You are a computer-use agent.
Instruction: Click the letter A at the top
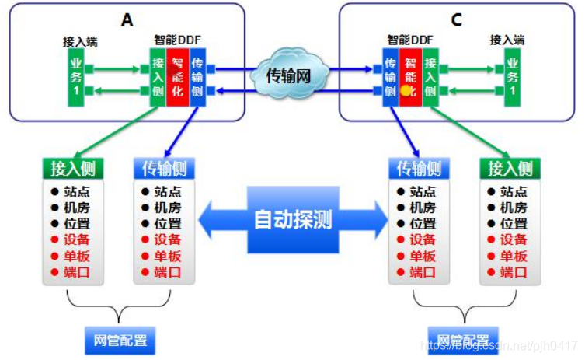(127, 19)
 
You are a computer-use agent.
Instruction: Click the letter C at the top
(456, 19)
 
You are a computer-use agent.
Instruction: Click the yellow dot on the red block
(406, 90)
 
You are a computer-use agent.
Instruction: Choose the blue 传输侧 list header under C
(419, 168)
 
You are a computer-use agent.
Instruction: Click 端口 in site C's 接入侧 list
(514, 272)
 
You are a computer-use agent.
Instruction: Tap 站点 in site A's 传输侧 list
(167, 191)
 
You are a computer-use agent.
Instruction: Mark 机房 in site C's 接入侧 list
(514, 208)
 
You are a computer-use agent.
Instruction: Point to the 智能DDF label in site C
(410, 39)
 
